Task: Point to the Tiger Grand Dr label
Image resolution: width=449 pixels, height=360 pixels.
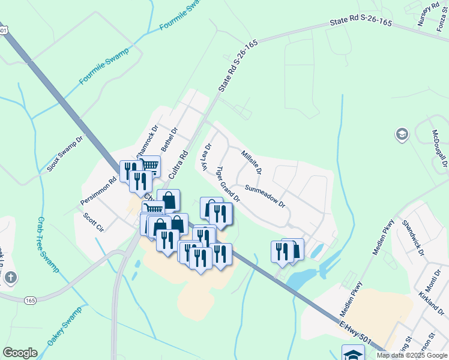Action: pyautogui.click(x=228, y=184)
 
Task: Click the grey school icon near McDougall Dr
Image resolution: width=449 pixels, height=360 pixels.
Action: pyautogui.click(x=402, y=134)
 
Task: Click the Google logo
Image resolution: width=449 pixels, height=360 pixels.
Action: pyautogui.click(x=20, y=353)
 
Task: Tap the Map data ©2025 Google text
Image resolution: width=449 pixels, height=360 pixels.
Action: pyautogui.click(x=411, y=355)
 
